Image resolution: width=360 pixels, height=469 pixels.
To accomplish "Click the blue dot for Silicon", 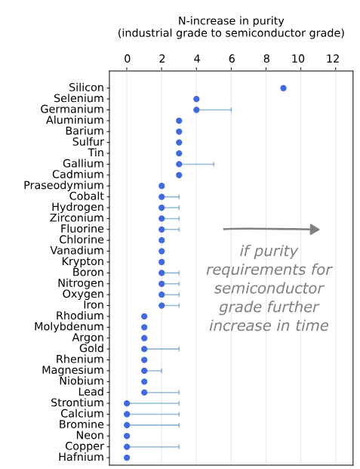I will click(x=283, y=88).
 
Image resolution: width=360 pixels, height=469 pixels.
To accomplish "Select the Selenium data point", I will click(x=196, y=99).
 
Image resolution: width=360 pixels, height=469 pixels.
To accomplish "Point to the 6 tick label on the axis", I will click(x=231, y=58).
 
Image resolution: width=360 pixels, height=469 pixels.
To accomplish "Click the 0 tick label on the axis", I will click(x=127, y=58).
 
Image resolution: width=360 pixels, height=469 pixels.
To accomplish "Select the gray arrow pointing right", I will click(x=272, y=229).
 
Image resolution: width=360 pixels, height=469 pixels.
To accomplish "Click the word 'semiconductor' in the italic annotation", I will click(x=269, y=288).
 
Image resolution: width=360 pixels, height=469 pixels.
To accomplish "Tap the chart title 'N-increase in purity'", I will click(x=231, y=20).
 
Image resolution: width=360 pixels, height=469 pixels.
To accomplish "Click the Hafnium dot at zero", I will click(x=127, y=458).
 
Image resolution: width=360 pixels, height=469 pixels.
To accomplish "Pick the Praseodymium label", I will click(x=64, y=185).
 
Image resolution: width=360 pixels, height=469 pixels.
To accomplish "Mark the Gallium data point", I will click(x=179, y=164).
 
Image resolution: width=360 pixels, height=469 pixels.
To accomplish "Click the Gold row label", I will click(x=91, y=349).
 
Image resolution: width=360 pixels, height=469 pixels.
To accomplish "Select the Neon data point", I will click(x=127, y=436).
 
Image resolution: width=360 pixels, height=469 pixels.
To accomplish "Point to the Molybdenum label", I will click(x=69, y=327).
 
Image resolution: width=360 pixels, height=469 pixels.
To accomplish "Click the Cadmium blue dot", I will click(x=179, y=174).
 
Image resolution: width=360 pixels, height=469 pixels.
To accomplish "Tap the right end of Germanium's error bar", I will click(x=231, y=110).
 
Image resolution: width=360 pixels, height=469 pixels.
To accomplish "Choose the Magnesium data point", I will click(x=144, y=371).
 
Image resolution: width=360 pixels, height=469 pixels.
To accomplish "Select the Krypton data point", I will click(x=162, y=262).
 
